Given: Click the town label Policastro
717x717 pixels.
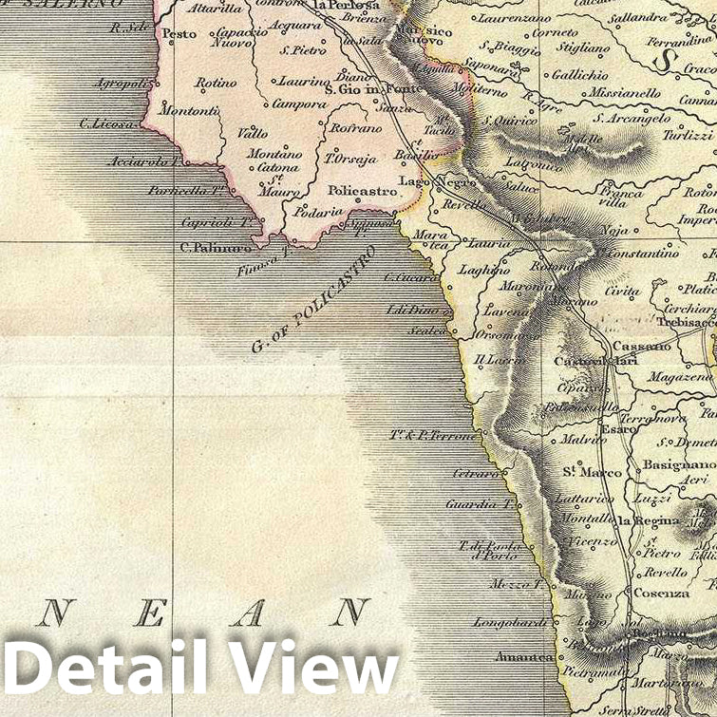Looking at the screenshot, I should (362, 190).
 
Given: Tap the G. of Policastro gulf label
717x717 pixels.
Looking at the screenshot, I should (312, 300).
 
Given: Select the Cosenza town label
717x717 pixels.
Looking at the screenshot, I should (663, 593).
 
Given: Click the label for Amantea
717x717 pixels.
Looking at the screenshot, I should (523, 656).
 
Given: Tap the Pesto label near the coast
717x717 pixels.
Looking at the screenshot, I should (179, 34).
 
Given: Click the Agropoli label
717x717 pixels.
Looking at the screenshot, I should (122, 84).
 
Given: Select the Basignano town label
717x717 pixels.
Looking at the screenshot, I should (678, 464).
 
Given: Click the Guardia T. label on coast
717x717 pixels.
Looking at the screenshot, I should (480, 504).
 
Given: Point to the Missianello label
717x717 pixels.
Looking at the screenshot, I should (624, 93).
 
